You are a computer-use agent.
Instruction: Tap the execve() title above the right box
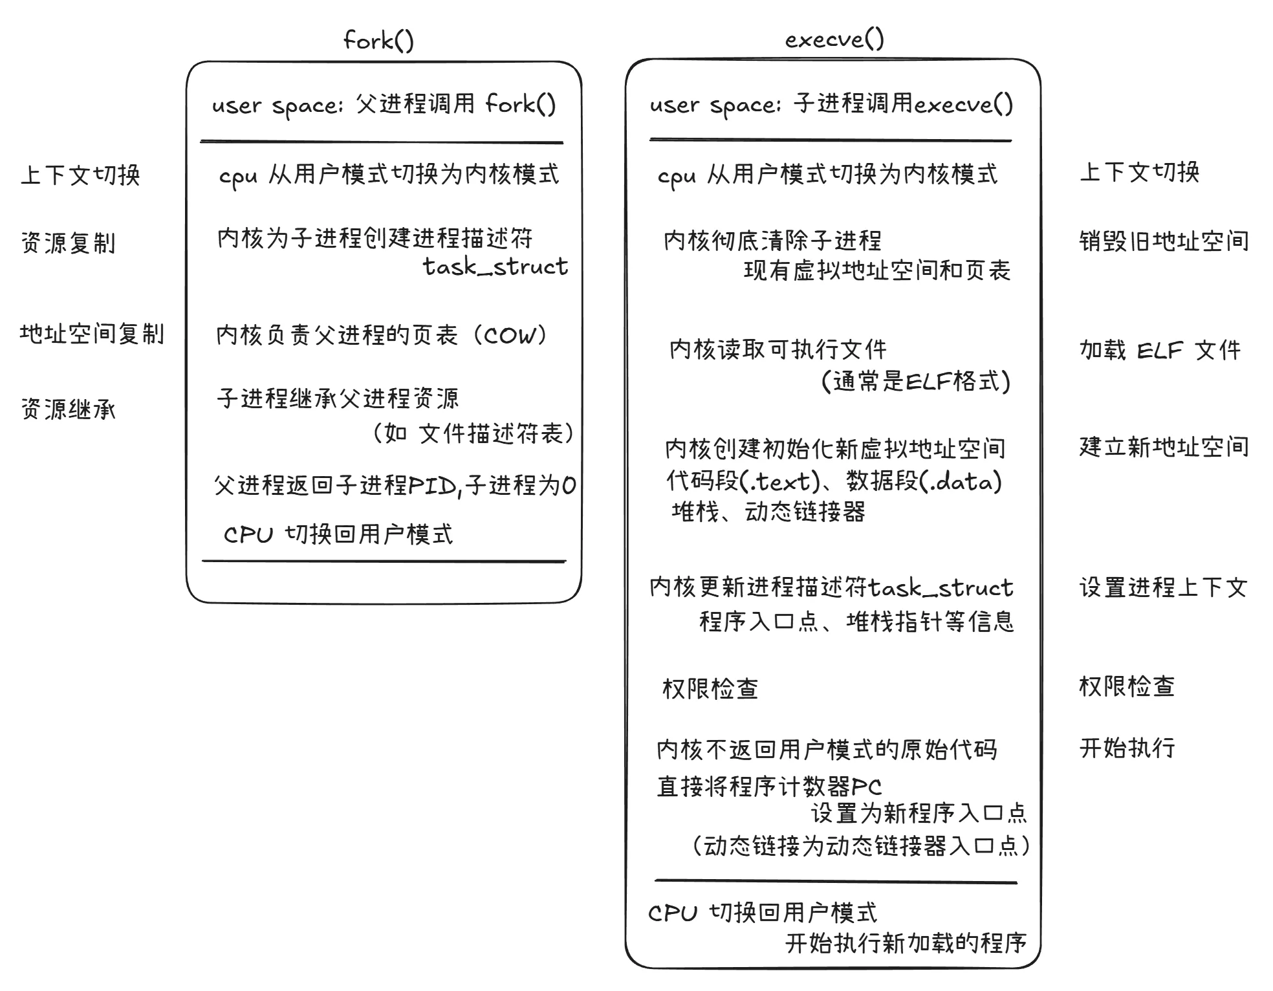tap(834, 39)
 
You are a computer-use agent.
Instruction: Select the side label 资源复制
tap(69, 243)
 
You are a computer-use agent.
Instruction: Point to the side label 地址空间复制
tap(92, 334)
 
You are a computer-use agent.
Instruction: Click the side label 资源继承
tap(69, 409)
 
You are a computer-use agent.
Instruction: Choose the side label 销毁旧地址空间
tap(1164, 241)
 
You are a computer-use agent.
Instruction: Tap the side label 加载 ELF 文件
tap(1160, 350)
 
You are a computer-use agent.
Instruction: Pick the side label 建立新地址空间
tap(1164, 447)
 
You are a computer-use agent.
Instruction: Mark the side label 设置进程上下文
tap(1163, 587)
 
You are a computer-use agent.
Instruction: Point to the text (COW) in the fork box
tap(510, 335)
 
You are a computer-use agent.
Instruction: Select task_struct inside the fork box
tap(495, 267)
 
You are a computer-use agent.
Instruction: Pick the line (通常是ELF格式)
tap(915, 381)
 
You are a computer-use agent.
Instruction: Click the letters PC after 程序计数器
tap(867, 787)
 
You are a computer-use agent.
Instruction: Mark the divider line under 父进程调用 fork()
tap(382, 142)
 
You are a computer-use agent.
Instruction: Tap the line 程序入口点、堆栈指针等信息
tap(856, 622)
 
